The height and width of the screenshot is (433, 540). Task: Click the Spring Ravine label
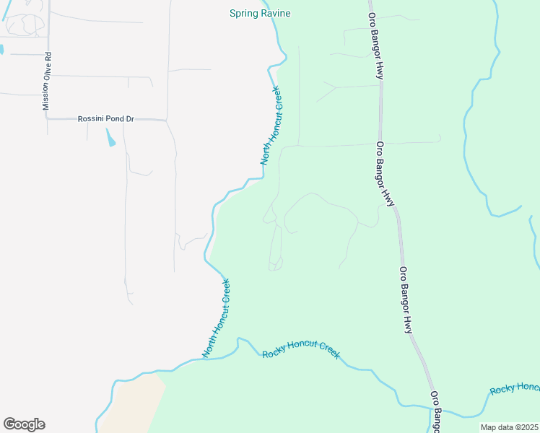(253, 13)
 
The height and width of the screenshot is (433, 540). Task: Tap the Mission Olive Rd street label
(47, 81)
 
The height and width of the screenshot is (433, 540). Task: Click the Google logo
(24, 424)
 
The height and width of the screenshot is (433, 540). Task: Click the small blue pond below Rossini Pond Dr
(110, 137)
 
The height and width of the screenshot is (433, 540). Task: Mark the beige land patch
(134, 404)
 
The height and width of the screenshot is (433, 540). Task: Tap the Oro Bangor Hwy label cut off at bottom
(436, 412)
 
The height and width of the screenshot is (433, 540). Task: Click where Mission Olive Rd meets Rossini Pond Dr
(48, 119)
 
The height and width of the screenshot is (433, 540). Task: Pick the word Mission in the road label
(47, 97)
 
